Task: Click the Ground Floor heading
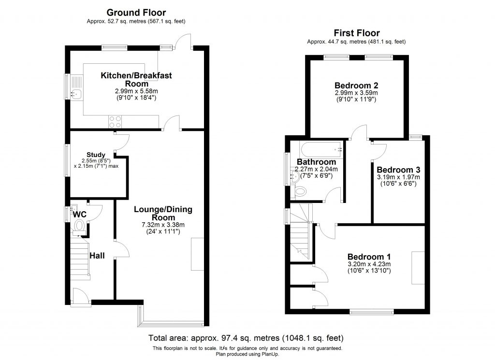[136, 13]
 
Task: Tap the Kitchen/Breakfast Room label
[136, 79]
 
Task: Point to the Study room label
[96, 155]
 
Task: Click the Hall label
[97, 256]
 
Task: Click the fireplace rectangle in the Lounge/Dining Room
[197, 254]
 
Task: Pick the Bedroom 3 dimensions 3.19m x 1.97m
[398, 177]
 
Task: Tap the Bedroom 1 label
[369, 256]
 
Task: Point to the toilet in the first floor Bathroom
[301, 192]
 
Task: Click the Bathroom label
[316, 161]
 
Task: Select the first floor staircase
[301, 231]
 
